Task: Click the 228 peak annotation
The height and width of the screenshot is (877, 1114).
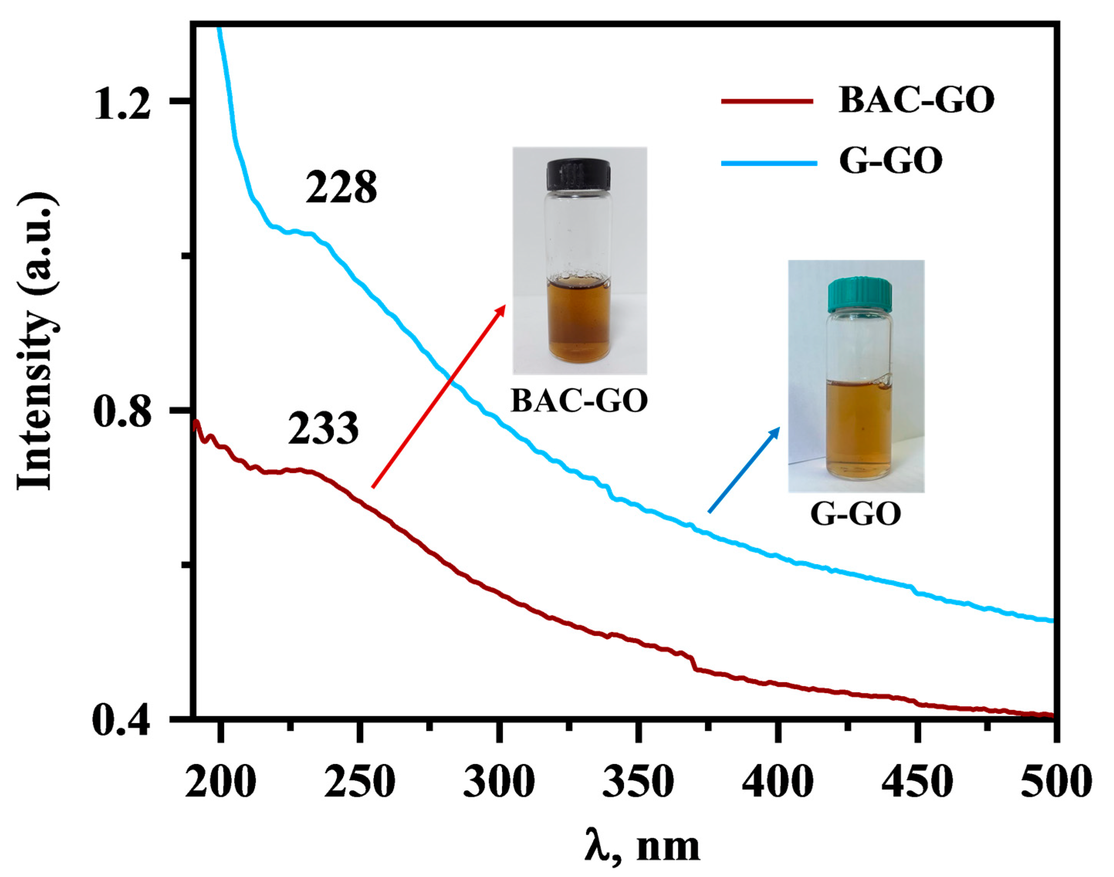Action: pos(341,188)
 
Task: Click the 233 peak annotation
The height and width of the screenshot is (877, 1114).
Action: pos(323,429)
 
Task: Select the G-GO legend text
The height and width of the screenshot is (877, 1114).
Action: pos(891,161)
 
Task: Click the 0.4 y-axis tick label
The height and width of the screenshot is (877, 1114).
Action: pos(122,722)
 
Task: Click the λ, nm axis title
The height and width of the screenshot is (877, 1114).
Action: pos(642,846)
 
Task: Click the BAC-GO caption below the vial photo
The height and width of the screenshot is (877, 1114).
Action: pos(579,401)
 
